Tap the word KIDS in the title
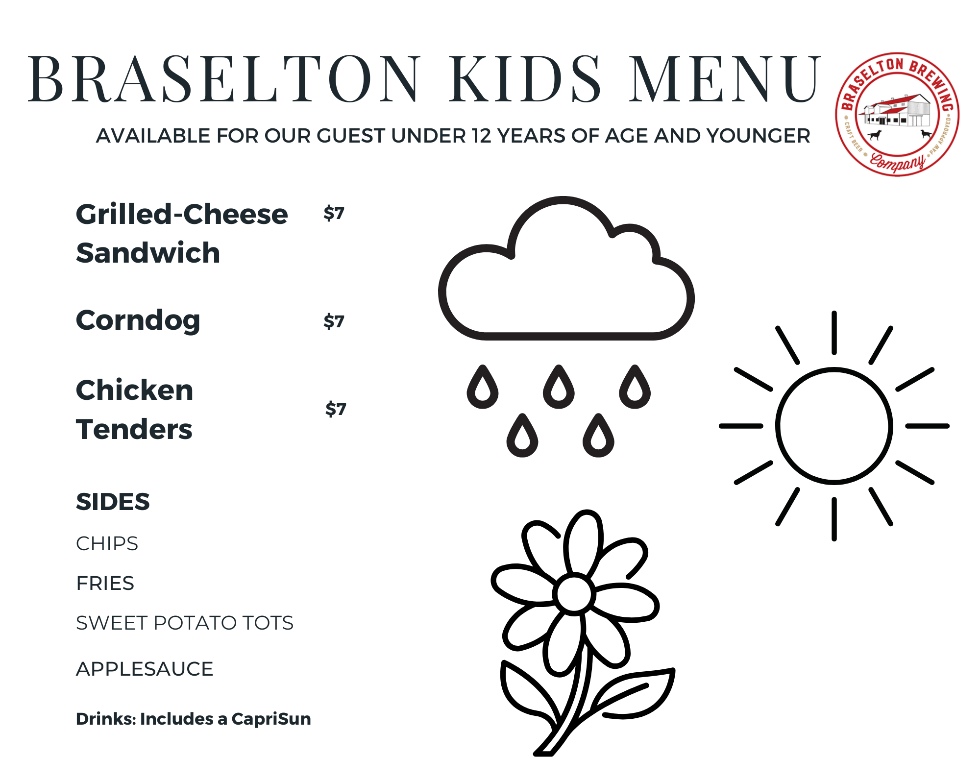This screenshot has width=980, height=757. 525,79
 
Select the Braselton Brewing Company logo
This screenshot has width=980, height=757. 897,114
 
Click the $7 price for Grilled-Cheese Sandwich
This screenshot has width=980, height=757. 334,214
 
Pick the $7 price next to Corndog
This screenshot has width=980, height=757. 334,321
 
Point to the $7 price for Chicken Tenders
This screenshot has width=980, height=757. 336,409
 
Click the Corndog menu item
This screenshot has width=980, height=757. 138,321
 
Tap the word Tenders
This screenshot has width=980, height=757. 134,429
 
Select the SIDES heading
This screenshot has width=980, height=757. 113,502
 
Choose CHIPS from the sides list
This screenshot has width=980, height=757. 107,543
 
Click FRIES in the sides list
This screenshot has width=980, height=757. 105,583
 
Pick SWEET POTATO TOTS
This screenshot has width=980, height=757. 185,623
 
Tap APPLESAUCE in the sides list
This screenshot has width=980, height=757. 145,669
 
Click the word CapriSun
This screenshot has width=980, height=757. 271,719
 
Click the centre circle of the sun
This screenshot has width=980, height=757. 834,426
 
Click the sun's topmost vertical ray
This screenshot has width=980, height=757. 834,333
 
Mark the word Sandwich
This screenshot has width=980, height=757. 148,253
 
